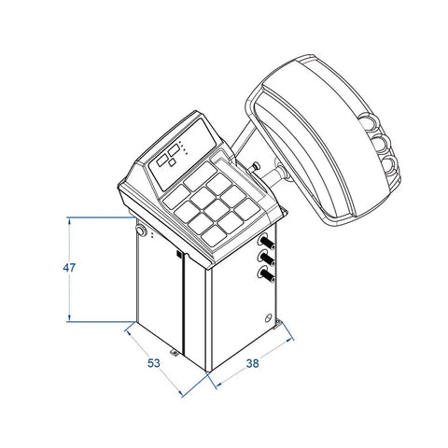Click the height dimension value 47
(69, 268)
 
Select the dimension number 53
(154, 363)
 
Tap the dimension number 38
(252, 363)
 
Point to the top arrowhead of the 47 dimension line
(69, 221)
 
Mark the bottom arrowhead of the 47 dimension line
(69, 318)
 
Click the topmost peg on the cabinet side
(266, 242)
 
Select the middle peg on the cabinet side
(266, 259)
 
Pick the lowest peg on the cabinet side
(266, 274)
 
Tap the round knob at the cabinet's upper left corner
(141, 231)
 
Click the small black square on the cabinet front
(179, 254)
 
